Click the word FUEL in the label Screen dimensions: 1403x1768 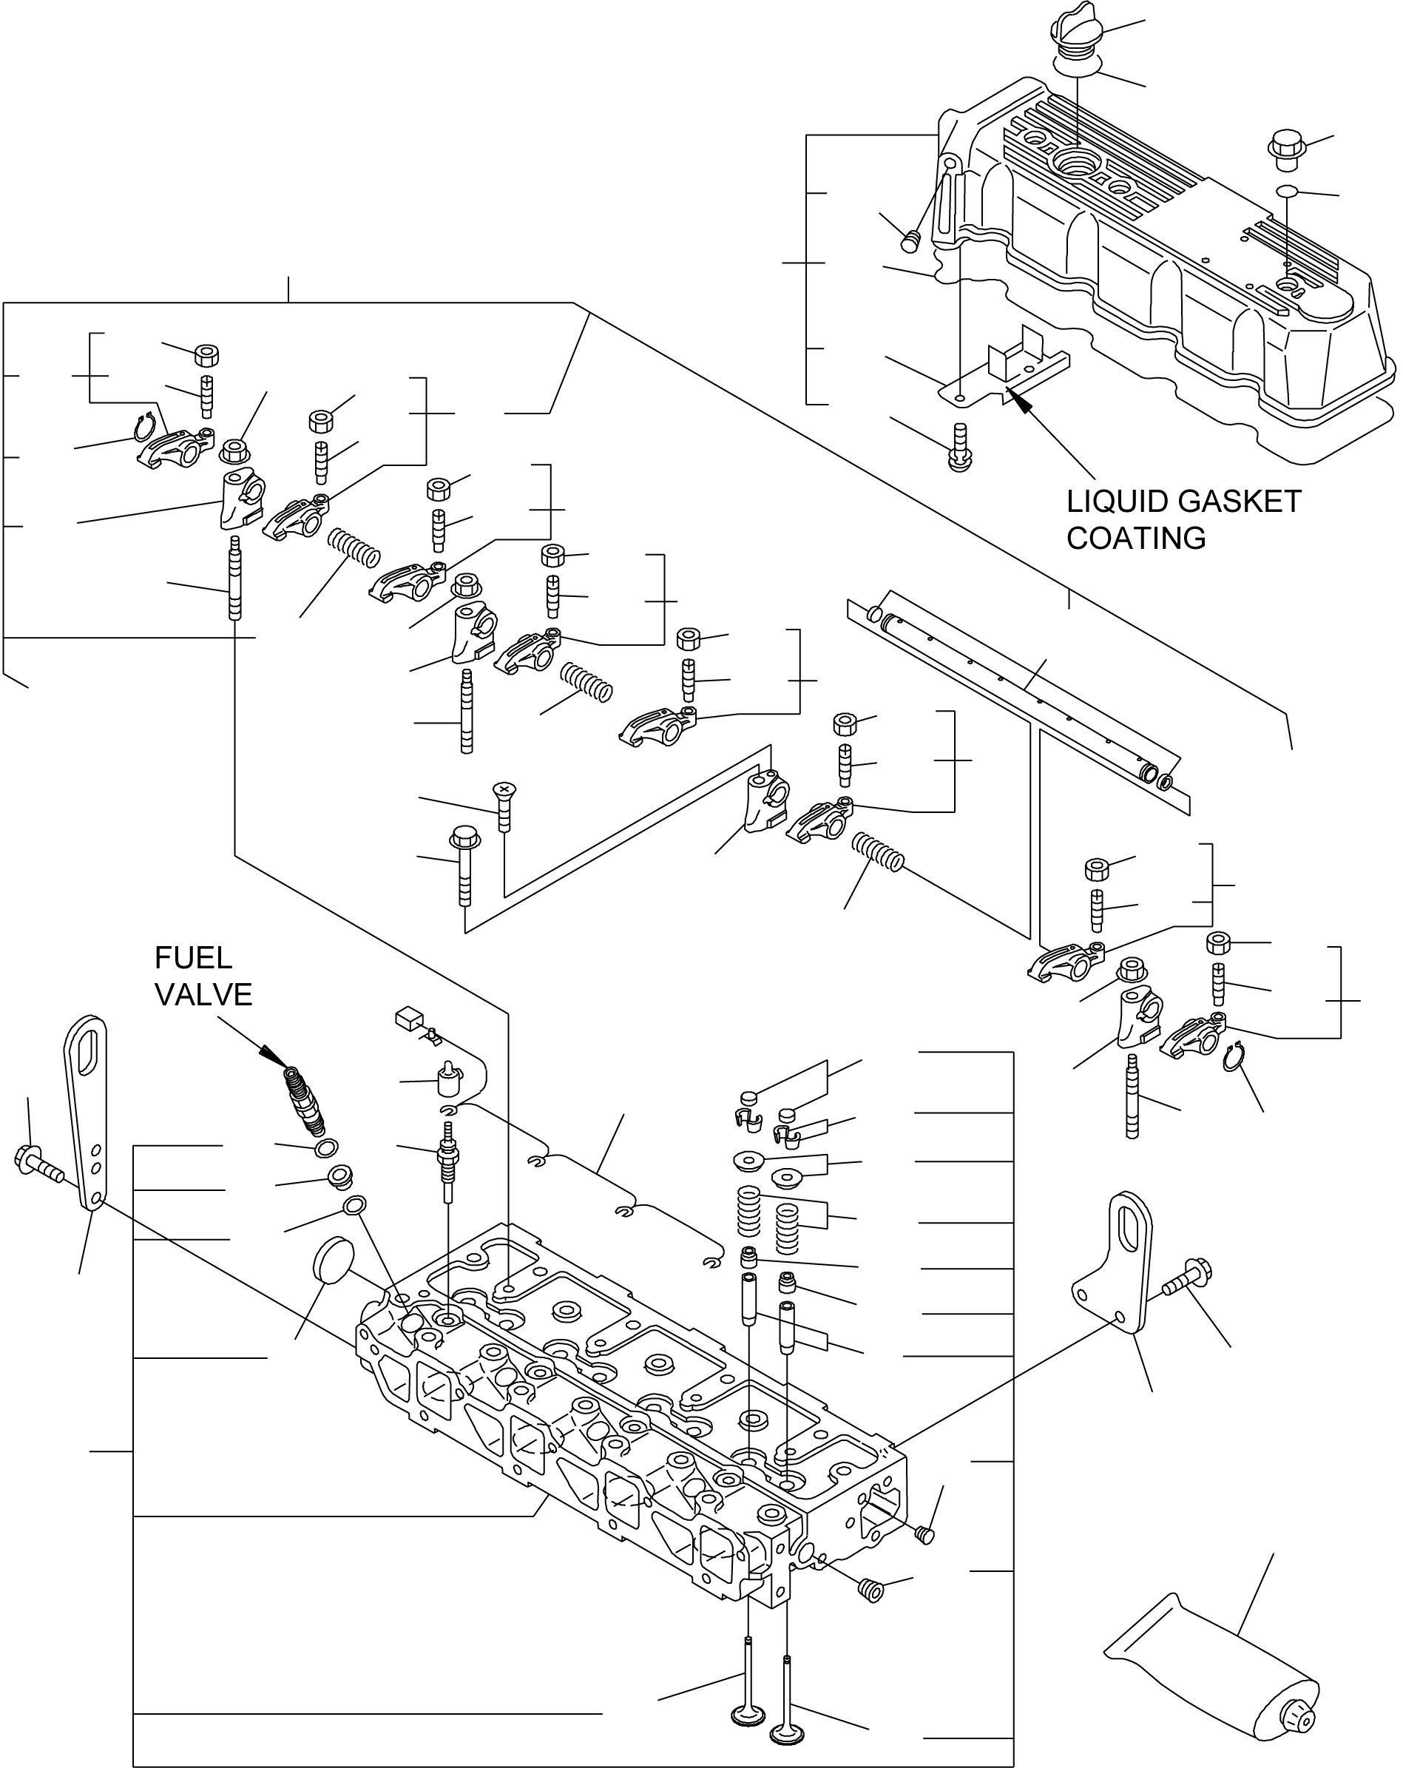(193, 958)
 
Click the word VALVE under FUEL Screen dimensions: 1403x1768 (203, 995)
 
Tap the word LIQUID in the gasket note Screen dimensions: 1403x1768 (1117, 502)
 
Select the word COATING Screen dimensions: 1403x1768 (1136, 538)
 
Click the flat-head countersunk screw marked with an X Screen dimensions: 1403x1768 (503, 806)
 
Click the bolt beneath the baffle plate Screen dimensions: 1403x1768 (960, 447)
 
